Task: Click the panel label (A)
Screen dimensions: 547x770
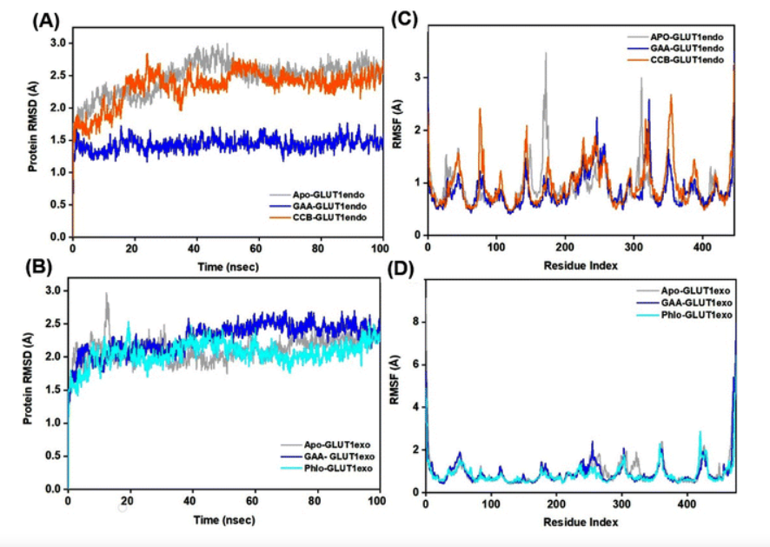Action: point(45,19)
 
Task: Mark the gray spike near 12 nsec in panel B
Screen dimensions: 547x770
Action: point(107,296)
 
